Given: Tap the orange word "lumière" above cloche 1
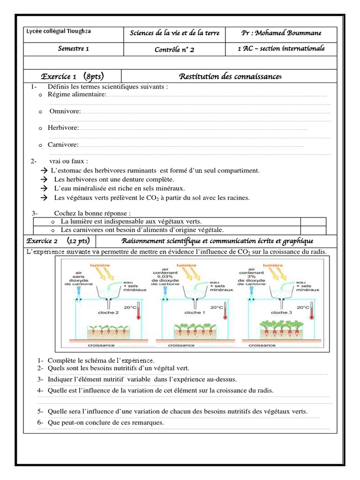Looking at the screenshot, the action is click(x=187, y=265).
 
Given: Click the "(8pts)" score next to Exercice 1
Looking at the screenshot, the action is click(x=94, y=76).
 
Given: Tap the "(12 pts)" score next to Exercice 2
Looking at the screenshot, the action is click(x=78, y=241).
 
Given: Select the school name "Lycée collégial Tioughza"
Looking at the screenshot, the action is click(x=59, y=31).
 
